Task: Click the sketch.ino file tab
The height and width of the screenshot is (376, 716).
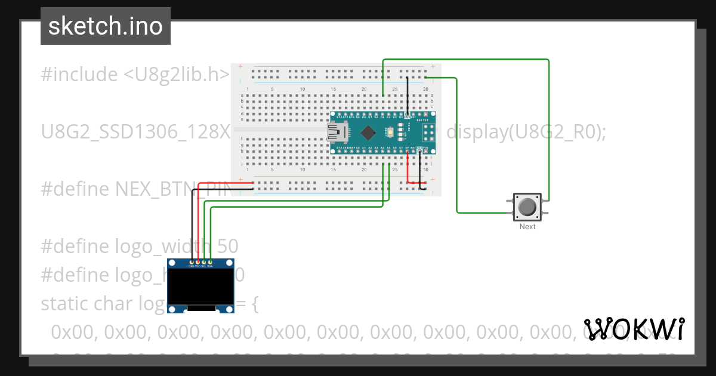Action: click(x=105, y=26)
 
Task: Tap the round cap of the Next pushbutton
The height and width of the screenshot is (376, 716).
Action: click(x=527, y=207)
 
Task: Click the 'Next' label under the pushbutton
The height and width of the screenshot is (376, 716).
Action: click(x=527, y=227)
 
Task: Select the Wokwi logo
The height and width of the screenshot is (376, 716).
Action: click(x=634, y=329)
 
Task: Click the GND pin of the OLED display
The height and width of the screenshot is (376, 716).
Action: click(x=192, y=262)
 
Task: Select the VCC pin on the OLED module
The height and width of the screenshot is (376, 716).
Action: click(x=197, y=262)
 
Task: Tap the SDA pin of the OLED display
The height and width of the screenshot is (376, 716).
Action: click(x=210, y=262)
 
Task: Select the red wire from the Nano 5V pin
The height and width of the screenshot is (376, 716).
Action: click(x=408, y=167)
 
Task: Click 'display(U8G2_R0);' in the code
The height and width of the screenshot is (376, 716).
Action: click(x=526, y=132)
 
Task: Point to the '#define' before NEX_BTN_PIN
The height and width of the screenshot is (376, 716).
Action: click(x=76, y=189)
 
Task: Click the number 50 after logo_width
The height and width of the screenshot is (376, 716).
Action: click(x=227, y=246)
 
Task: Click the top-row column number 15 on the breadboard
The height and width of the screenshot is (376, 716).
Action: click(x=333, y=90)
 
